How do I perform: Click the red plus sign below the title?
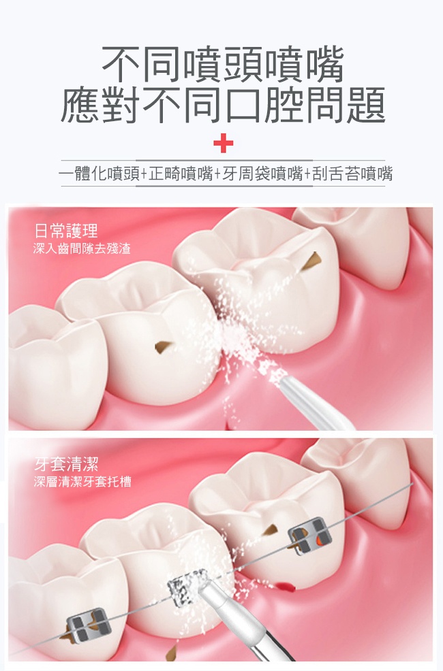[x=224, y=143]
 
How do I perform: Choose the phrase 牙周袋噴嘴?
[x=262, y=174]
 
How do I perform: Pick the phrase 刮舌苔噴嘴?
[x=352, y=174]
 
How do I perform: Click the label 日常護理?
[x=66, y=231]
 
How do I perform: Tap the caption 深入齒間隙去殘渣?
[x=82, y=248]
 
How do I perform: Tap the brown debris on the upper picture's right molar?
[x=312, y=261]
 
